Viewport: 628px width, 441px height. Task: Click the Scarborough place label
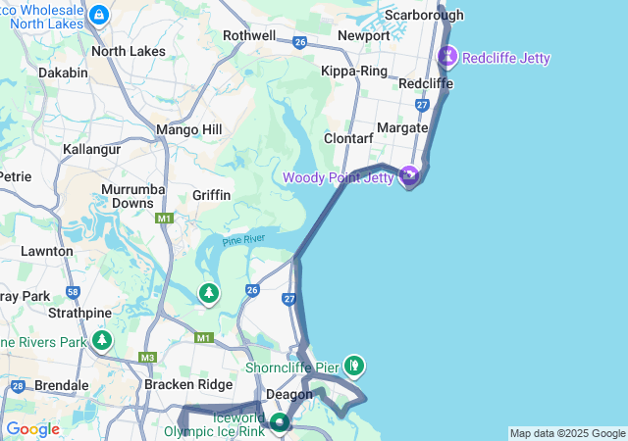(x=424, y=15)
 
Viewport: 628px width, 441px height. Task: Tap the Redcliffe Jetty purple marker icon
(x=448, y=56)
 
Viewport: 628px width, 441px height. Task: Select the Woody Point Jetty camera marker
(x=409, y=175)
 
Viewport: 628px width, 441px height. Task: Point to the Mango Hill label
(x=189, y=129)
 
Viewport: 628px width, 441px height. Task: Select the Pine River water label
(x=243, y=240)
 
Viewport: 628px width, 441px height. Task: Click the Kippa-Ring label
(x=354, y=72)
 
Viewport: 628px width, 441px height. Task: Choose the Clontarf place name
(x=349, y=139)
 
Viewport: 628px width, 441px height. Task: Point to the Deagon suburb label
(x=290, y=394)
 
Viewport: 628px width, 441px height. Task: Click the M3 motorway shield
(x=147, y=358)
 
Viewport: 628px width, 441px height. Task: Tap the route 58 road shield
(x=74, y=292)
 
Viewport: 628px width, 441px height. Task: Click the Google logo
(x=32, y=429)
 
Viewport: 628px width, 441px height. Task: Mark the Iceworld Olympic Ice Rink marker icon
(x=281, y=422)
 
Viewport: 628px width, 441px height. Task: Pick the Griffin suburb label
(x=211, y=195)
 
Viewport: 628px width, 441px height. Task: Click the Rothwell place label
(x=249, y=35)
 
